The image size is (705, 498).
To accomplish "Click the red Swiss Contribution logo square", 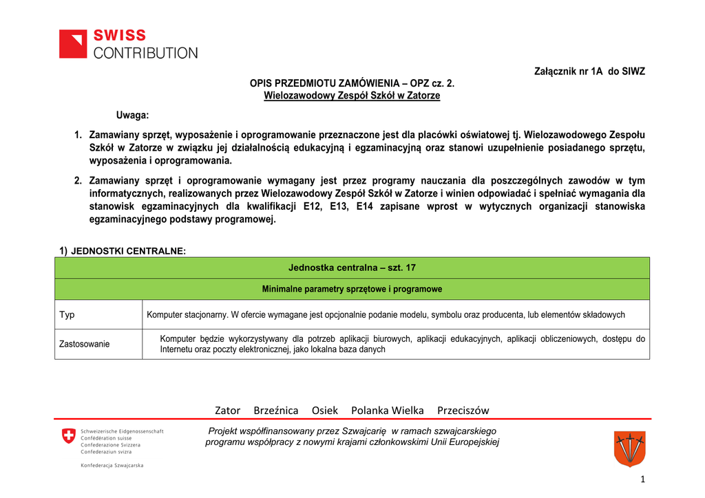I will click(73, 43).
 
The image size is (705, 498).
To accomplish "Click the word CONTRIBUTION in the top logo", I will click(145, 53).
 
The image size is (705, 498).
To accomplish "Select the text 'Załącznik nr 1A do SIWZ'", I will click(590, 72).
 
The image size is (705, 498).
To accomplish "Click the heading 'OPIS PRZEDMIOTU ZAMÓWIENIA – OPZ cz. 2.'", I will click(352, 83).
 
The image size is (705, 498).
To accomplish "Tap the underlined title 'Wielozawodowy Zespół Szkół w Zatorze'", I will click(352, 96).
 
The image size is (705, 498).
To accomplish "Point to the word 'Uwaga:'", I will click(132, 114).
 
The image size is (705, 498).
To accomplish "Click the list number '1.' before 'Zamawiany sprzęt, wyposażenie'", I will click(78, 134).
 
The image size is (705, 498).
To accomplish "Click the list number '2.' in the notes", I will click(78, 180).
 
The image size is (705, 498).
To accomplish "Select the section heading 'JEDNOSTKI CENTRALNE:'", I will click(128, 251).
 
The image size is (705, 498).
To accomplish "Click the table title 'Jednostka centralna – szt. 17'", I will click(352, 268).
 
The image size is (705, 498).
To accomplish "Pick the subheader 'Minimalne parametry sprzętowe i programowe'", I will click(352, 289).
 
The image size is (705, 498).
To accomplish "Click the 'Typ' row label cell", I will click(67, 315).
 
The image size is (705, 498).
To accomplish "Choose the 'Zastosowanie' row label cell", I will click(85, 344).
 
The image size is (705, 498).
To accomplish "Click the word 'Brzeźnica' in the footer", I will click(276, 411).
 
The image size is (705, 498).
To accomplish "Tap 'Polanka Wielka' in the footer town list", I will click(388, 411).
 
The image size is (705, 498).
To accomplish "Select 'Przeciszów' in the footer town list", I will click(463, 411).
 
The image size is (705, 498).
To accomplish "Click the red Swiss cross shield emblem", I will click(69, 435).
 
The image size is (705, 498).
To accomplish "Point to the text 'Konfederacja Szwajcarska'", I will click(112, 466).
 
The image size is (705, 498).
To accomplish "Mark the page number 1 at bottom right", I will click(642, 480).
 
